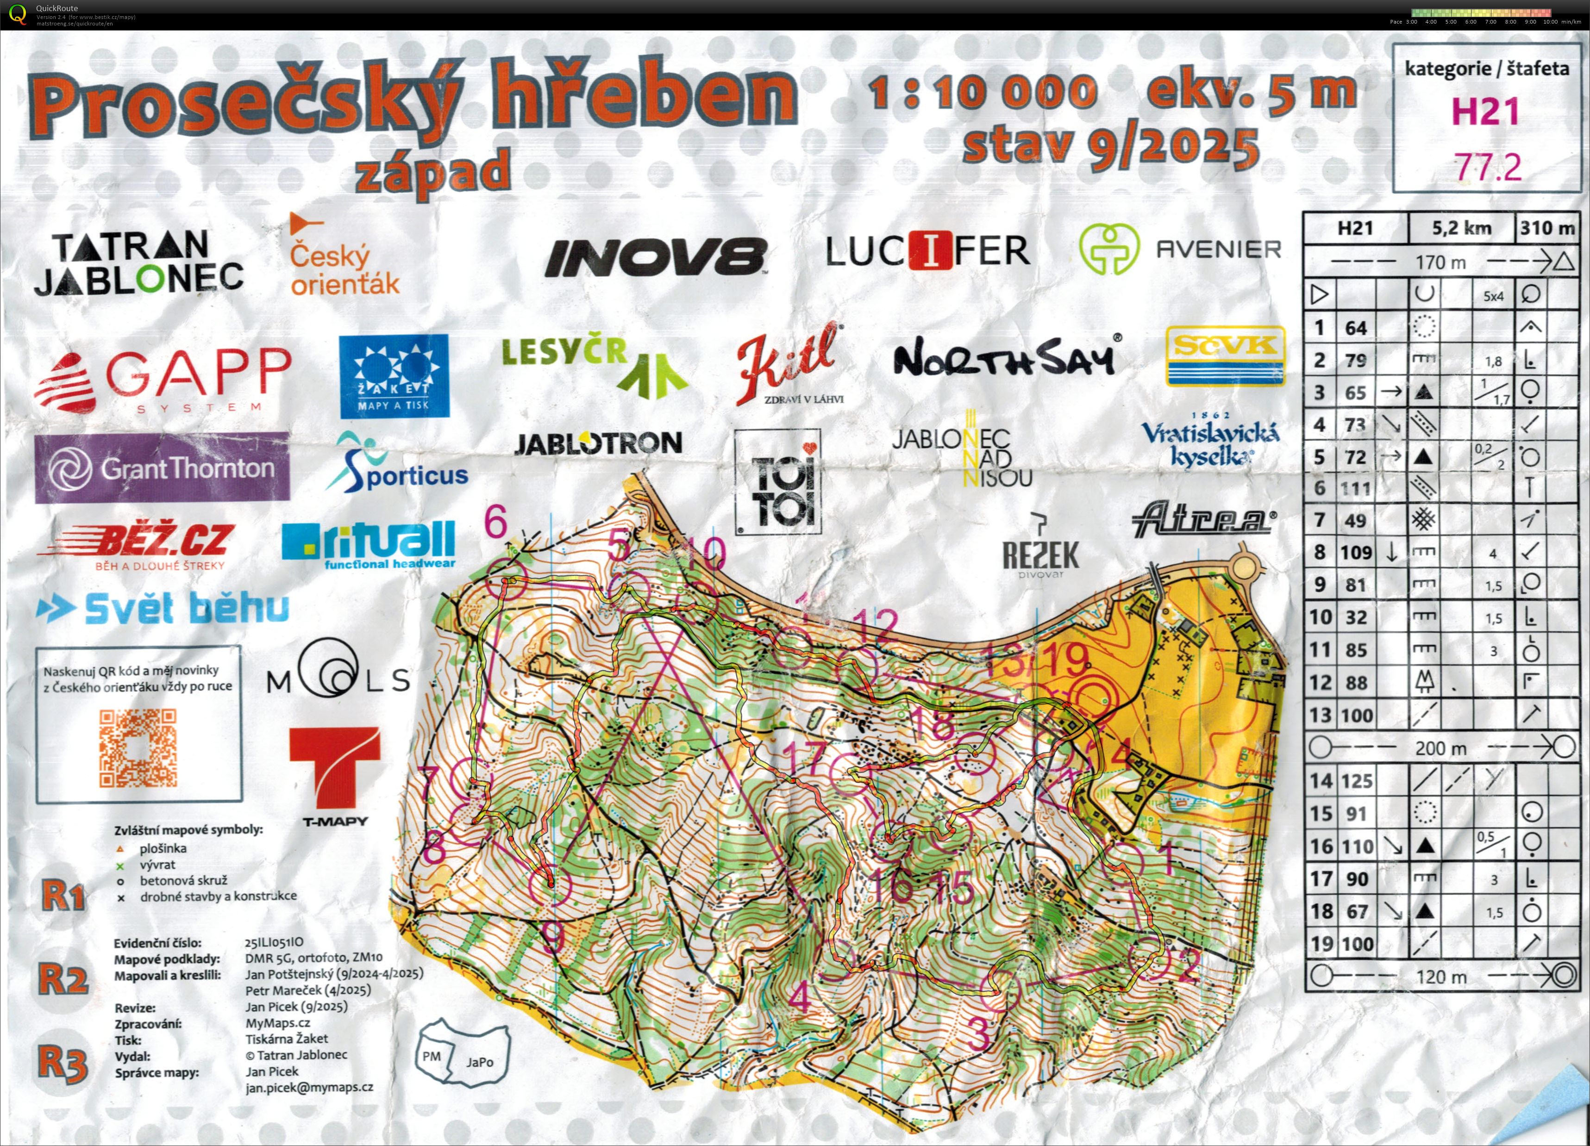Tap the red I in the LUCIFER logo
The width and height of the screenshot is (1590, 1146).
[930, 250]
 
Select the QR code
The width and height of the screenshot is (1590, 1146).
[138, 748]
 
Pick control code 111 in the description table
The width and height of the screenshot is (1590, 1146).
[1356, 489]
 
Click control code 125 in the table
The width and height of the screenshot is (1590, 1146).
[1356, 781]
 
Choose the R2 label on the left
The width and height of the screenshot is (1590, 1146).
[63, 979]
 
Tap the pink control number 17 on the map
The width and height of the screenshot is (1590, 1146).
[805, 759]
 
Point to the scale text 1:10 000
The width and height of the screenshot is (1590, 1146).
[982, 93]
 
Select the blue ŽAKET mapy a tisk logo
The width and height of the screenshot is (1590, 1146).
[393, 376]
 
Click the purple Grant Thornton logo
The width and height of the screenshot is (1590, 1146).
[162, 467]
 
